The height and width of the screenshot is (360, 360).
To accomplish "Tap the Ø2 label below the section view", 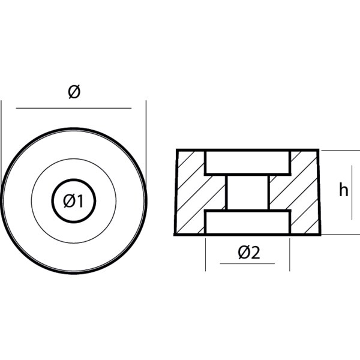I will click(248, 253).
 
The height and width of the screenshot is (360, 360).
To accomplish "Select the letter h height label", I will click(343, 191).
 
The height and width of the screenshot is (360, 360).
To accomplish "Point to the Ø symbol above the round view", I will click(73, 92).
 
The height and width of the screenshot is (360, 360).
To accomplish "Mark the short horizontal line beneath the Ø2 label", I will click(247, 263).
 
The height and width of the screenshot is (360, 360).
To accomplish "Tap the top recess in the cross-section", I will click(248, 162).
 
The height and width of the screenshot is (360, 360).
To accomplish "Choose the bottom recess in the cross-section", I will click(248, 222).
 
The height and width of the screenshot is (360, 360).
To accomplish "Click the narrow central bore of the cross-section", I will click(248, 192).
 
